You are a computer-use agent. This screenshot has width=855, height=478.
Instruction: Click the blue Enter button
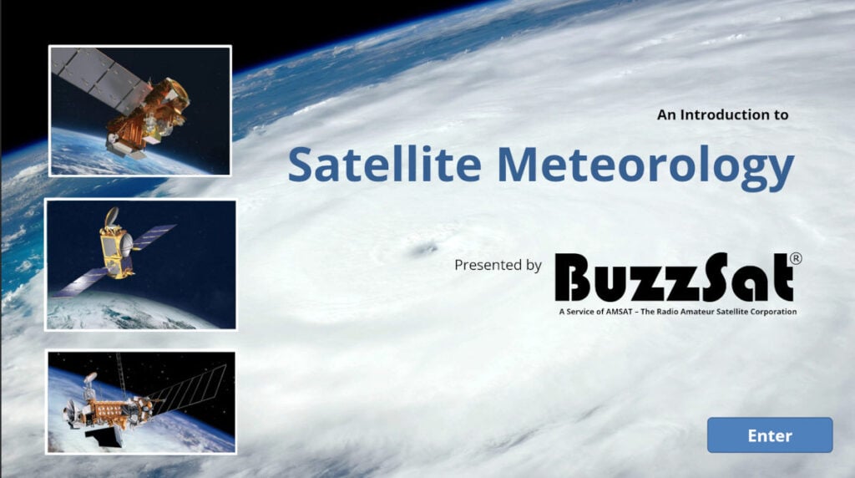click(769, 435)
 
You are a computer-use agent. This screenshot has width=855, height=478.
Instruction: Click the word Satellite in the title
click(384, 165)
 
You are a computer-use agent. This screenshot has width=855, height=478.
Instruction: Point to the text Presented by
click(498, 265)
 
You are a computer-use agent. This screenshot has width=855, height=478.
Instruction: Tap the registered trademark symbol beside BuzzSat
click(796, 258)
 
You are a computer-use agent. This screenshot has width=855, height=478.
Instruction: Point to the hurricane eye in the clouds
click(423, 249)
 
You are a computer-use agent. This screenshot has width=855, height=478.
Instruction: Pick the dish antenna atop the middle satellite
click(112, 216)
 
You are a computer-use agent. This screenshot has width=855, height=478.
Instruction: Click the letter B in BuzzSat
click(571, 277)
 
